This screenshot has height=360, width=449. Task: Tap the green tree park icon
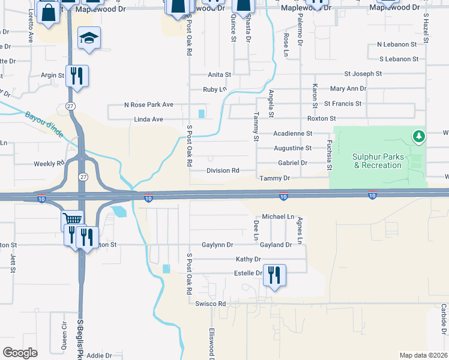[419, 137]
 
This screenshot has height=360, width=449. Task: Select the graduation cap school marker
[89, 39]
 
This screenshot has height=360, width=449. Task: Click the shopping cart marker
[71, 220]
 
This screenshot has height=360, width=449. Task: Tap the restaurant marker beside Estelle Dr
[274, 276]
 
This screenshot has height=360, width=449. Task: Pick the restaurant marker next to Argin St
[77, 76]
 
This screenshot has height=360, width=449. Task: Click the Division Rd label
[223, 170]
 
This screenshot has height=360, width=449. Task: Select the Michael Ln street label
[278, 216]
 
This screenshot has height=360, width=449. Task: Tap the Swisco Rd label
[210, 304]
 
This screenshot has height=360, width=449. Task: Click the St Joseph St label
[363, 74]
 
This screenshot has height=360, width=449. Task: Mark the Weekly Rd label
[49, 163]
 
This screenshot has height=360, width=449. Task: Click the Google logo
[20, 353]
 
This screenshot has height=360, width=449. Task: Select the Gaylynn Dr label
[217, 245]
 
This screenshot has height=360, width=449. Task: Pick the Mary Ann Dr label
[348, 89]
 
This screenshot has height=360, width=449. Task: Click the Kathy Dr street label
[249, 259]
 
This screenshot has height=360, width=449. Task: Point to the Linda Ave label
[148, 119]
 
